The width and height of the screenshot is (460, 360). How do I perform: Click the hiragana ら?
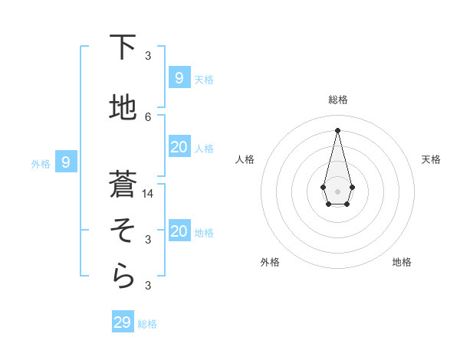pyautogui.click(x=123, y=277)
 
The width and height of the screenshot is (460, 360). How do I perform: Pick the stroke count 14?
pyautogui.click(x=149, y=193)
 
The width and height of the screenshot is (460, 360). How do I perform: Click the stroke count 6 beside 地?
pyautogui.click(x=148, y=116)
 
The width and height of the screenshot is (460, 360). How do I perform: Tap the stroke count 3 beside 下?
pyautogui.click(x=148, y=55)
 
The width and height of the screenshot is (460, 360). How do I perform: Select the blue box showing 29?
pyautogui.click(x=123, y=322)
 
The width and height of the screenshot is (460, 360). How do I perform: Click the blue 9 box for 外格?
pyautogui.click(x=66, y=162)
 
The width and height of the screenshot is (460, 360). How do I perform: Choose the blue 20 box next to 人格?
pyautogui.click(x=179, y=146)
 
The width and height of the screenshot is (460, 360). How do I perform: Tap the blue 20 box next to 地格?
pyautogui.click(x=179, y=231)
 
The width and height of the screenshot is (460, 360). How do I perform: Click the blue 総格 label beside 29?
pyautogui.click(x=147, y=324)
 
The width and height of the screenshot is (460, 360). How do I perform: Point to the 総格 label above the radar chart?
pyautogui.click(x=337, y=100)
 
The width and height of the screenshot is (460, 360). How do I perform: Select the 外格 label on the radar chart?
pyautogui.click(x=270, y=262)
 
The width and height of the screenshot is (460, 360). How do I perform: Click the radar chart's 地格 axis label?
pyautogui.click(x=402, y=262)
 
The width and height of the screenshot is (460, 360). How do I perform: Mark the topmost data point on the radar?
pyautogui.click(x=337, y=129)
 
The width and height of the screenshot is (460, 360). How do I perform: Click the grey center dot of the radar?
pyautogui.click(x=337, y=191)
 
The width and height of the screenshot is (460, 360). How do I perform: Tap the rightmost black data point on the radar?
pyautogui.click(x=352, y=187)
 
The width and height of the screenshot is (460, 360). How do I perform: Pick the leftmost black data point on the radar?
pyautogui.click(x=323, y=187)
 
